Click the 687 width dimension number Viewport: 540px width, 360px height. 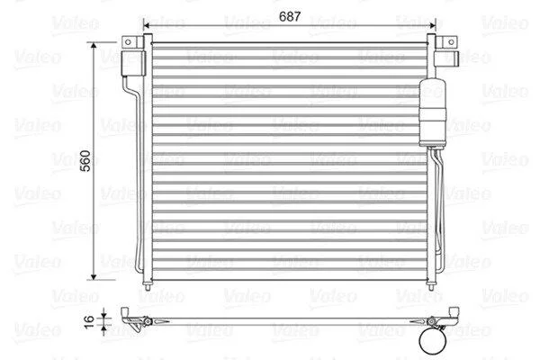click(x=290, y=16)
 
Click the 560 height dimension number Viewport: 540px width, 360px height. click(x=85, y=160)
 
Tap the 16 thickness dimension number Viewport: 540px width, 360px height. click(x=89, y=321)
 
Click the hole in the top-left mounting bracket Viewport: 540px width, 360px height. click(x=128, y=42)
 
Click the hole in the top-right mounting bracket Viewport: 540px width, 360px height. click(x=451, y=42)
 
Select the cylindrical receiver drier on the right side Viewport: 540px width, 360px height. click(x=433, y=113)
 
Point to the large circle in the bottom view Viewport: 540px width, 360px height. click(x=433, y=341)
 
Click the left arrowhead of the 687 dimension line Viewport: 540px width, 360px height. click(x=147, y=25)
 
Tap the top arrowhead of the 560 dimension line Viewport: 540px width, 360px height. click(x=94, y=46)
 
